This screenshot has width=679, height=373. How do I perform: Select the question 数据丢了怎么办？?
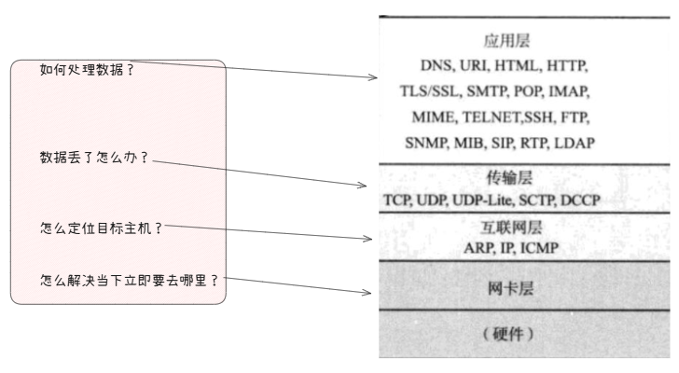(x=94, y=158)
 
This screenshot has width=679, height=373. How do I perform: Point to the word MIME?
(x=432, y=118)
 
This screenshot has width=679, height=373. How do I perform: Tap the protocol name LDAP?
(x=574, y=143)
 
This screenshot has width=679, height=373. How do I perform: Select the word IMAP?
(x=567, y=93)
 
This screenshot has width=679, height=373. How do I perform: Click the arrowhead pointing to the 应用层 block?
(x=372, y=76)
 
